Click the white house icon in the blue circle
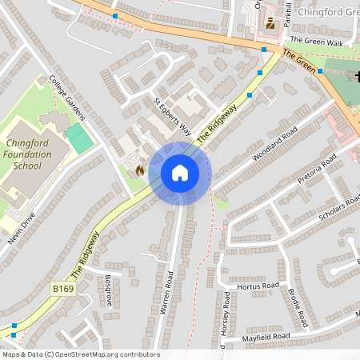coord(180,173)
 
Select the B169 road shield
coord(64,287)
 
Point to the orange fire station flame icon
coord(139,170)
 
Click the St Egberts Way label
coord(173,118)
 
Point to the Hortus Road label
coord(258,286)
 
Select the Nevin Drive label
coord(18,231)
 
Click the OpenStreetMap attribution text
coord(80,354)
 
